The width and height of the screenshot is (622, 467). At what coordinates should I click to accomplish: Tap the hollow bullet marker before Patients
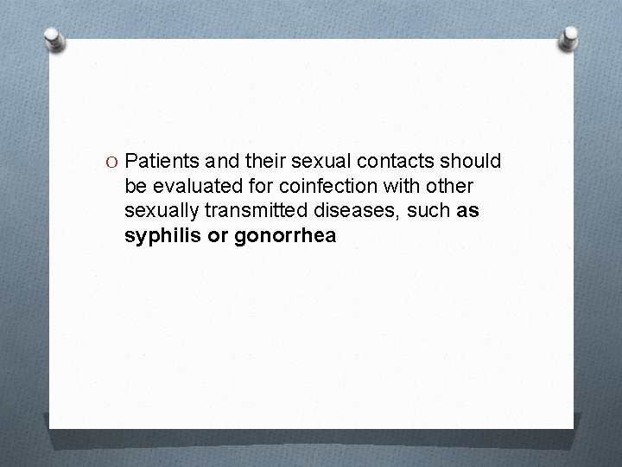click(111, 163)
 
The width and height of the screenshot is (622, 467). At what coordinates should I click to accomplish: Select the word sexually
click(160, 211)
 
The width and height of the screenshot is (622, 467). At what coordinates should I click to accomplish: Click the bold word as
click(467, 210)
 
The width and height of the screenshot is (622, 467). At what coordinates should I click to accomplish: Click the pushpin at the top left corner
click(56, 39)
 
